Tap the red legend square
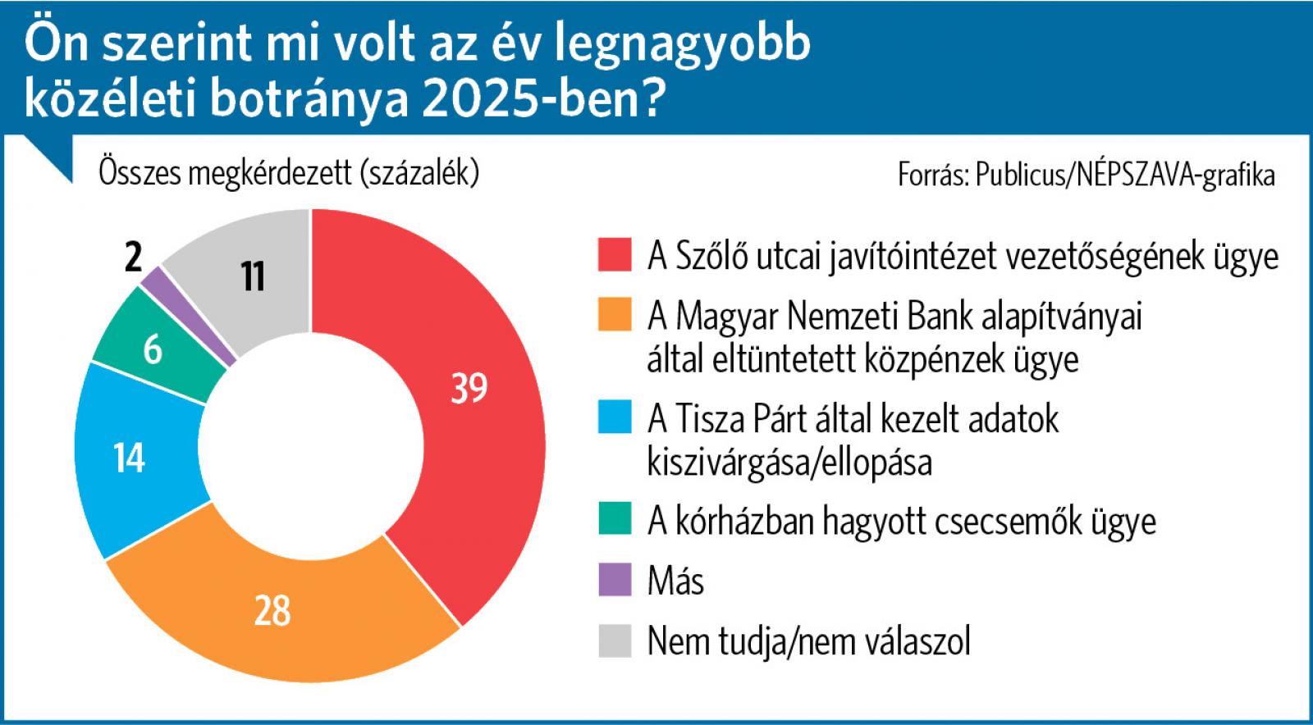(615, 254)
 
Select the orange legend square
(615, 315)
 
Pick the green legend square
(615, 519)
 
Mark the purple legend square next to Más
(615, 580)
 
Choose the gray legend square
(615, 641)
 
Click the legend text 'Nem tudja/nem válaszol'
(808, 641)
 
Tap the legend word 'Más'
(675, 581)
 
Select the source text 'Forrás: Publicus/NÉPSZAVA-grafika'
(1087, 176)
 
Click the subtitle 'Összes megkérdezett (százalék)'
(289, 173)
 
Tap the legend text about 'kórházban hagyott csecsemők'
(901, 520)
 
